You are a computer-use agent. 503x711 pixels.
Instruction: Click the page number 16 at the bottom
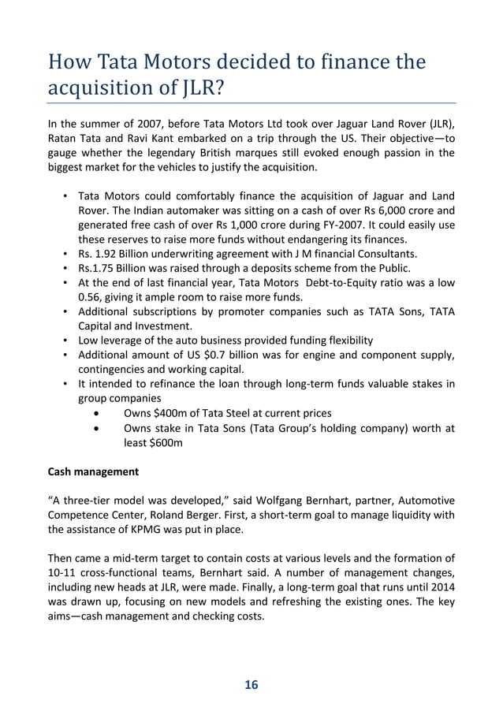pos(251,683)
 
